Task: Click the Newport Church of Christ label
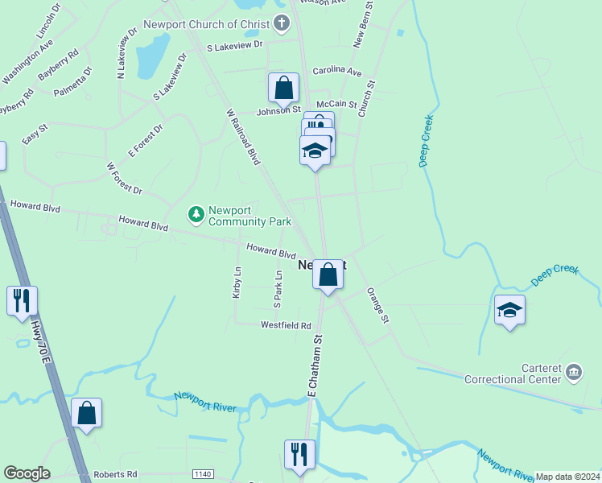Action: [x=207, y=23]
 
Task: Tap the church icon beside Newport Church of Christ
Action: [x=282, y=23]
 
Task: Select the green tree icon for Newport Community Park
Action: [x=196, y=214]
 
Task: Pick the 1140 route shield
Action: [x=203, y=475]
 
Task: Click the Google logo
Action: [x=27, y=473]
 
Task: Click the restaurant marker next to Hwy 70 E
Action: [x=21, y=301]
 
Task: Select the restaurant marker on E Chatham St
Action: [x=299, y=454]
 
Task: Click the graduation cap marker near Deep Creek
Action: [x=509, y=310]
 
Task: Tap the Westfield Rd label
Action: [x=285, y=325]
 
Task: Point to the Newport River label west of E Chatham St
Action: [x=205, y=402]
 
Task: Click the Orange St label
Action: [x=378, y=306]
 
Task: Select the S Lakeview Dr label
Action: [x=235, y=46]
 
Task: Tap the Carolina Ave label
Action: [x=337, y=72]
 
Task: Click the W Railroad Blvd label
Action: [x=244, y=138]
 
